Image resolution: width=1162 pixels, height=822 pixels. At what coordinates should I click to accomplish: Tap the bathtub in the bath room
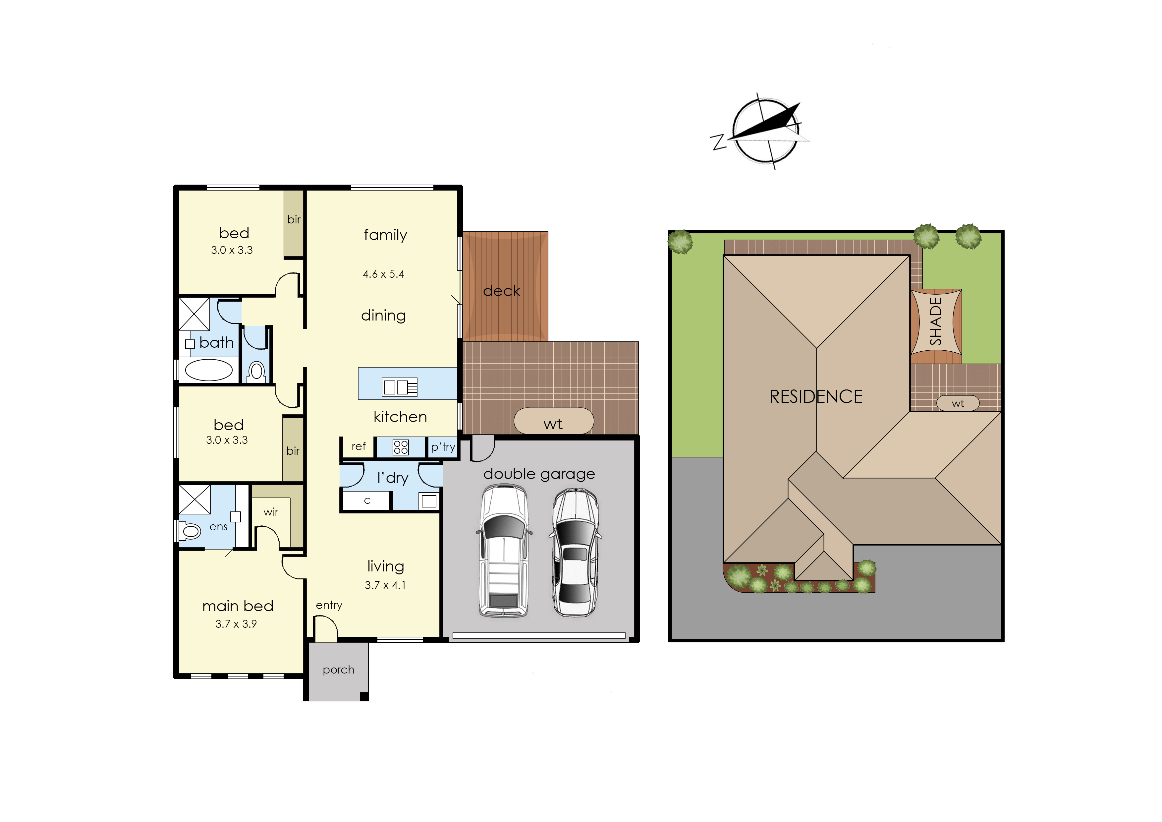click(208, 370)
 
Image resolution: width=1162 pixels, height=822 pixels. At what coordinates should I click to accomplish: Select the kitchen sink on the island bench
click(399, 387)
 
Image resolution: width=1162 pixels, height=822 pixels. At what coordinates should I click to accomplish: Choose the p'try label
click(443, 447)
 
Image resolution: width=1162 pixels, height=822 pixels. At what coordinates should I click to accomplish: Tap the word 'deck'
click(502, 291)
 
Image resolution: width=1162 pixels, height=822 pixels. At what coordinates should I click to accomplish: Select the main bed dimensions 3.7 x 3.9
click(236, 623)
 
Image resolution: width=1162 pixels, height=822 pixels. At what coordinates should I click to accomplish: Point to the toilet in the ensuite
click(190, 531)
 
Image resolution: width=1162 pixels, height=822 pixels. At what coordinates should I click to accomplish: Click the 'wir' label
click(271, 512)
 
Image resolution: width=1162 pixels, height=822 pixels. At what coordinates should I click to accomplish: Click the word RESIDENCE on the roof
click(816, 396)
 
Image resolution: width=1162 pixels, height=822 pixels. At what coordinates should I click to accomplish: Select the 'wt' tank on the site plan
click(958, 403)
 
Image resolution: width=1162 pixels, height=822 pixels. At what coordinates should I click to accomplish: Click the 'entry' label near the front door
click(329, 605)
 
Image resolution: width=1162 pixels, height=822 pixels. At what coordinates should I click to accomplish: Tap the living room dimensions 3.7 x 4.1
click(385, 585)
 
